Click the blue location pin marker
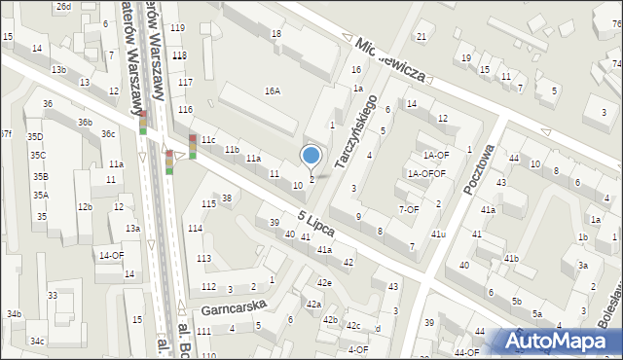pyautogui.click(x=311, y=156)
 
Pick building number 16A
pyautogui.click(x=273, y=90)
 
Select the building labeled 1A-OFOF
pyautogui.click(x=426, y=173)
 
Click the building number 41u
pyautogui.click(x=438, y=234)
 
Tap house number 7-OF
pyautogui.click(x=409, y=209)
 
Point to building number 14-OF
pyautogui.click(x=111, y=255)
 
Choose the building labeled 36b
pyautogui.click(x=86, y=122)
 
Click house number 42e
pyautogui.click(x=323, y=282)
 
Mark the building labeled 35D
pyautogui.click(x=35, y=137)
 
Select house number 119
pyautogui.click(x=177, y=27)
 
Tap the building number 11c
pyautogui.click(x=208, y=140)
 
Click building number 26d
pyautogui.click(x=63, y=7)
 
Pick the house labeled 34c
pyautogui.click(x=37, y=341)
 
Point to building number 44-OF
pyautogui.click(x=466, y=352)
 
